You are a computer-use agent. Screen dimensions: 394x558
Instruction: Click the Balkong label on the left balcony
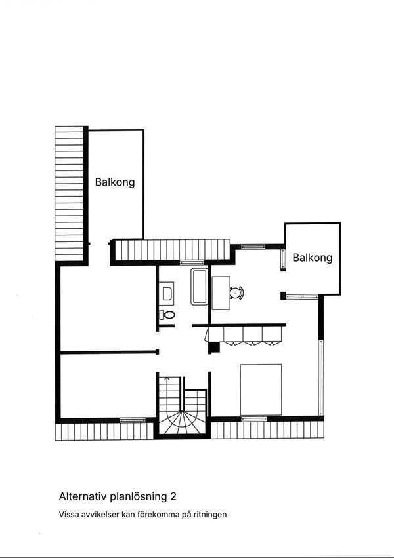point(115,182)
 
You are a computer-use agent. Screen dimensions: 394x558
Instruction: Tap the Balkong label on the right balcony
point(313,258)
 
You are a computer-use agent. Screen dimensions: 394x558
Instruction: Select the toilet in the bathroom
point(167,315)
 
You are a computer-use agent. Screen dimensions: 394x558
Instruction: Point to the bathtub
point(199,287)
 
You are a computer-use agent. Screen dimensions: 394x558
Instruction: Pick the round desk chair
point(236,292)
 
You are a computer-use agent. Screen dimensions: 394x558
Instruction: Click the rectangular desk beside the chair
point(221,293)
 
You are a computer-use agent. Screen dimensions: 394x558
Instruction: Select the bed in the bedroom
point(261,389)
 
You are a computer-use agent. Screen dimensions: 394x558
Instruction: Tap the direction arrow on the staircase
point(168,379)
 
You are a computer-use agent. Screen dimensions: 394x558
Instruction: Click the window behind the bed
point(254,419)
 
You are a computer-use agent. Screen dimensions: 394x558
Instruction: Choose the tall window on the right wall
point(321,378)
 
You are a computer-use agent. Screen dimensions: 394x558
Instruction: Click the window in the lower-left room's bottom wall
point(133,420)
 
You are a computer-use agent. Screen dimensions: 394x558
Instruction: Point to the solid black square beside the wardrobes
point(213,348)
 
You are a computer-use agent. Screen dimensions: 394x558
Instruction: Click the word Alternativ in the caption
point(83,496)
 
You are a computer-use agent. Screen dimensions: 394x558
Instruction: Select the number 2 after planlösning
point(173,496)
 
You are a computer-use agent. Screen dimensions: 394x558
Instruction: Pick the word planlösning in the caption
point(138,497)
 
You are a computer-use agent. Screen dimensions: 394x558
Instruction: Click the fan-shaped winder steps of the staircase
point(183,423)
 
